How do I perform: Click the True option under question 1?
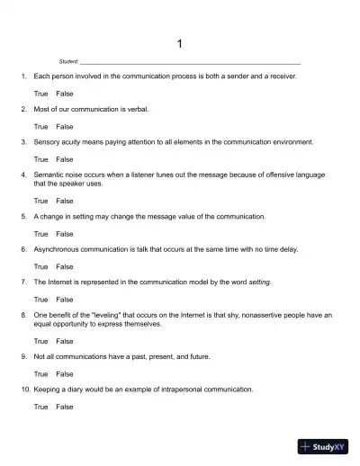pyautogui.click(x=40, y=94)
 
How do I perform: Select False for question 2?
pyautogui.click(x=65, y=127)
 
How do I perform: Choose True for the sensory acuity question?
pyautogui.click(x=40, y=159)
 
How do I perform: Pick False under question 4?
pyautogui.click(x=65, y=201)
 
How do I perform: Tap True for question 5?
pyautogui.click(x=40, y=233)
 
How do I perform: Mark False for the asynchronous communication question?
pyautogui.click(x=65, y=266)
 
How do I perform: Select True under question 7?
pyautogui.click(x=40, y=300)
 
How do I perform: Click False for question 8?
pyautogui.click(x=65, y=341)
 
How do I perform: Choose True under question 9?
pyautogui.click(x=40, y=373)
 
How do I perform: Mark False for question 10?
pyautogui.click(x=65, y=407)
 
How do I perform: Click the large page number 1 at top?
pyautogui.click(x=180, y=43)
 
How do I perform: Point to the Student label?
pyautogui.click(x=68, y=61)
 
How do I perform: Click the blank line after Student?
pyautogui.click(x=190, y=62)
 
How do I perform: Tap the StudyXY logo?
pyautogui.click(x=323, y=445)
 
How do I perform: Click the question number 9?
pyautogui.click(x=23, y=356)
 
